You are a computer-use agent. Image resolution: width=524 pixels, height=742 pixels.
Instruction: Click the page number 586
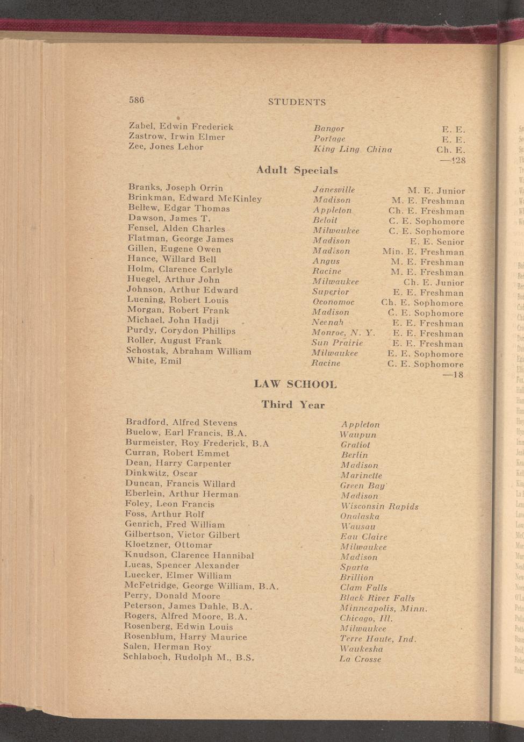tap(137, 100)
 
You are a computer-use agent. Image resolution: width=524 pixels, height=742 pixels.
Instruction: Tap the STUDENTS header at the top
tap(297, 102)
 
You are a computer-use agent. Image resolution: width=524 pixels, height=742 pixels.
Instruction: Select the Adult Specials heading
tap(297, 170)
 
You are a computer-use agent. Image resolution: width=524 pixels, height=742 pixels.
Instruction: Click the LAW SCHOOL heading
tap(295, 384)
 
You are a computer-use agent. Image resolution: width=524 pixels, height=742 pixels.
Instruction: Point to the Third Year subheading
tap(293, 404)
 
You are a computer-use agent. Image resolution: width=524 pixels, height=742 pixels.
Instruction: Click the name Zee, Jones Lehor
tap(166, 147)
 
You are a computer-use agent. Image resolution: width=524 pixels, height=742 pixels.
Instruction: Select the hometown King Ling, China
tap(353, 149)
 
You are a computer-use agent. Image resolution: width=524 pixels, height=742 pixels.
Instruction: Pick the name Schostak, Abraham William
tap(189, 351)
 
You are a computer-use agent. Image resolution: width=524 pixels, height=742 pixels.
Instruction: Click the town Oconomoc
tap(334, 302)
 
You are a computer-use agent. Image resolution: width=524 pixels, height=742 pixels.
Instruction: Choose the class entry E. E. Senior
tap(436, 242)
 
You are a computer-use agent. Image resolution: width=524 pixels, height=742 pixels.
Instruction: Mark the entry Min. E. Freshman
tap(423, 252)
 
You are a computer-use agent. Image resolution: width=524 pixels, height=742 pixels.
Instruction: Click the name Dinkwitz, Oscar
tap(161, 474)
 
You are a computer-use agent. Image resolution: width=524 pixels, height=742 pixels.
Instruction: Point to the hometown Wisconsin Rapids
tap(379, 506)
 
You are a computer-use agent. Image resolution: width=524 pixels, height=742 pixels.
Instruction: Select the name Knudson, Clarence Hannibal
tap(189, 555)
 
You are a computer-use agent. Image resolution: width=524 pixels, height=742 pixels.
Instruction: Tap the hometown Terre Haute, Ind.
tap(378, 639)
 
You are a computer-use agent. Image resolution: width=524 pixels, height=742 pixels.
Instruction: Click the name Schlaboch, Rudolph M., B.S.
tap(188, 657)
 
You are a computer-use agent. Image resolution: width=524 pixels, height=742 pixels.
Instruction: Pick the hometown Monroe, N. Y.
tap(343, 333)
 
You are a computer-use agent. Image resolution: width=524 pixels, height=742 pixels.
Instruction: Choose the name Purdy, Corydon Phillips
tap(181, 331)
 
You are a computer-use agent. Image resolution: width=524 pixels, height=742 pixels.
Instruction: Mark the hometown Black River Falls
tap(377, 598)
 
